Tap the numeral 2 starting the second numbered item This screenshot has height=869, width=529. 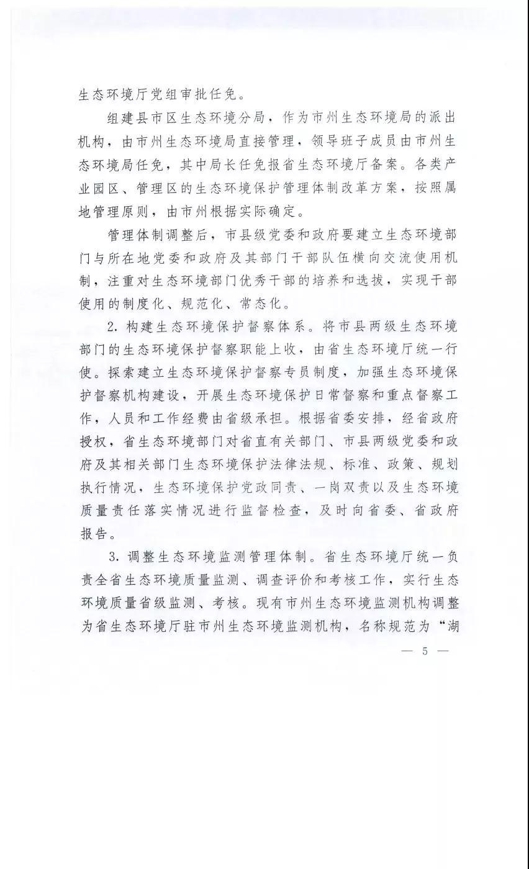[112, 326]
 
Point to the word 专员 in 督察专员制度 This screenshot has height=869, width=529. [288, 372]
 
